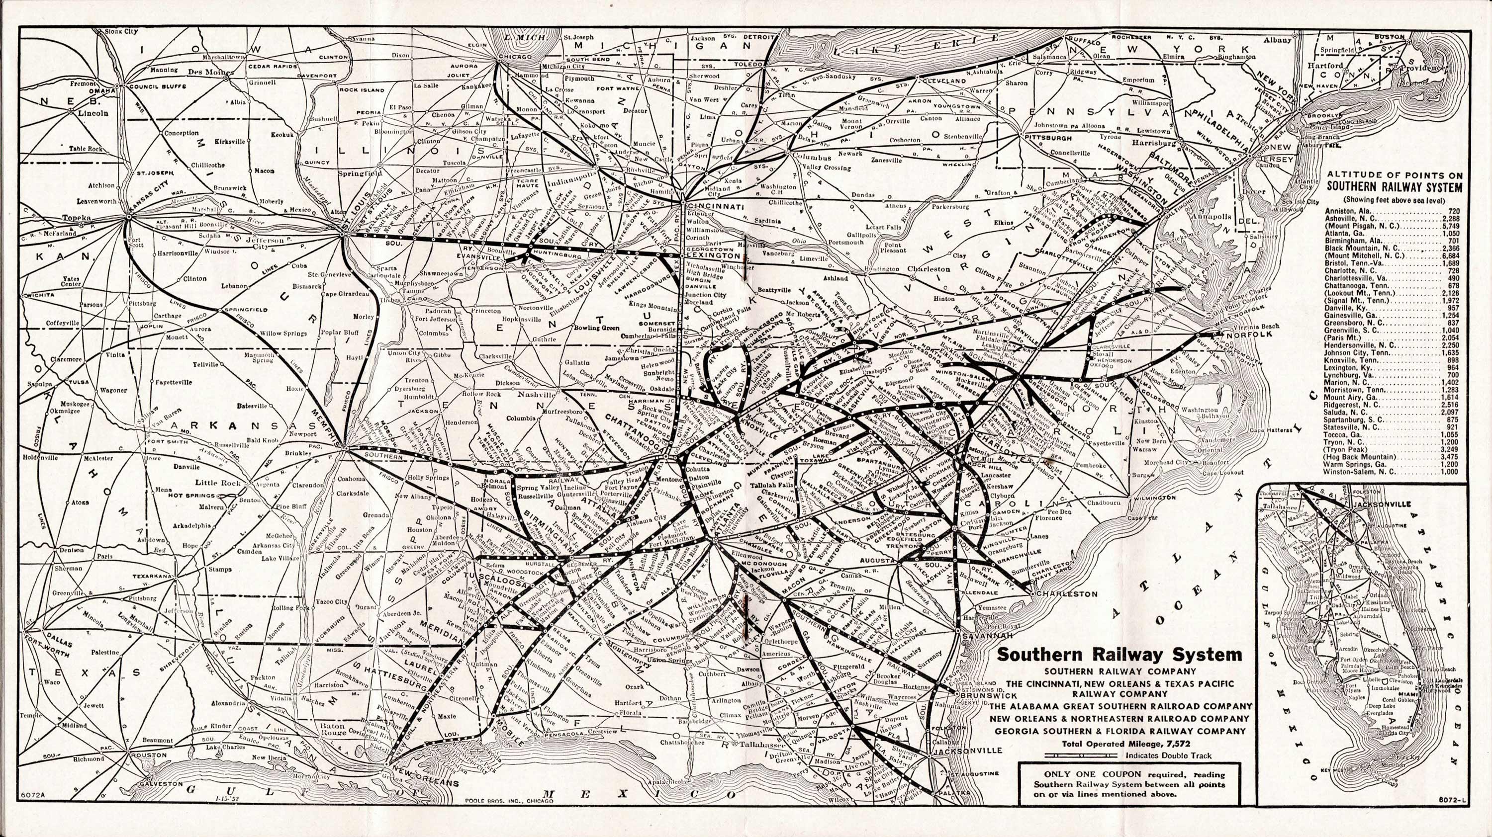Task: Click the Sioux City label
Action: tap(122, 31)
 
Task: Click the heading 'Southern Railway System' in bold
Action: tap(1118, 655)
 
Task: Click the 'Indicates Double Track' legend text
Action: tap(1168, 755)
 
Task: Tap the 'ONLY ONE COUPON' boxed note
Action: tap(1129, 784)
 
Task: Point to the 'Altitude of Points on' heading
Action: tap(1394, 175)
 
